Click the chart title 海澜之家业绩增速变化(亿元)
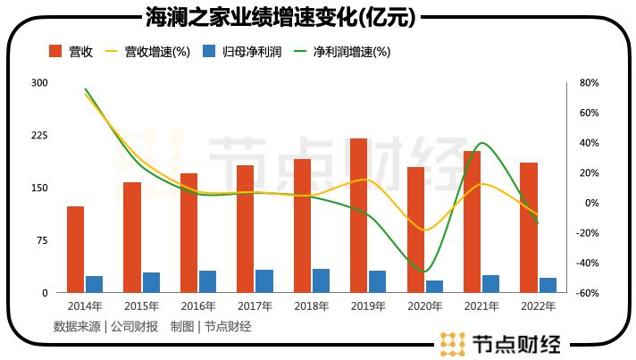(284, 17)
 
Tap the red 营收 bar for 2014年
(75, 249)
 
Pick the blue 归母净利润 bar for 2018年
(321, 280)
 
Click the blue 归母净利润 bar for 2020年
(434, 286)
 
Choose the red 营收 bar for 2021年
(472, 222)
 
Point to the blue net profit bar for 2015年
(151, 282)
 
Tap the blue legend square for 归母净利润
(209, 52)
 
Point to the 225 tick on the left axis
(39, 136)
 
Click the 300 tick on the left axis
(39, 83)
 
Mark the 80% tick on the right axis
(588, 83)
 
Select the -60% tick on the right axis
(586, 293)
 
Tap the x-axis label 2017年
(255, 306)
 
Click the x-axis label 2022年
(538, 306)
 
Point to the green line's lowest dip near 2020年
(425, 271)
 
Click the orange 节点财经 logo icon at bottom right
(453, 343)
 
